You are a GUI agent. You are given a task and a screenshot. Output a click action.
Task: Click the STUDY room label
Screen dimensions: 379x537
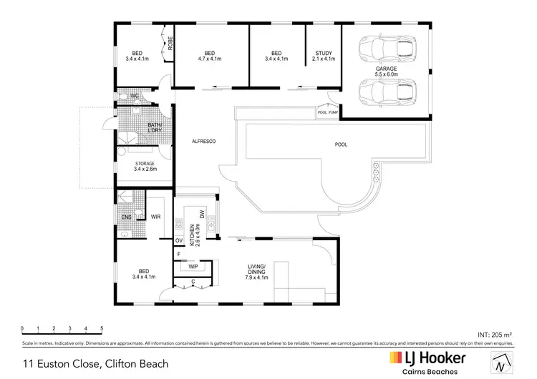point(324,56)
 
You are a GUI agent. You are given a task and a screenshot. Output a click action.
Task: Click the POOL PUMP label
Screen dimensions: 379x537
point(327,112)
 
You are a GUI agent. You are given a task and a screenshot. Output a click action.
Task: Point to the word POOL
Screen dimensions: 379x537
point(341,144)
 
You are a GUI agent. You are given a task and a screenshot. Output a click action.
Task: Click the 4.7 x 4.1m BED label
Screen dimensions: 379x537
point(210,56)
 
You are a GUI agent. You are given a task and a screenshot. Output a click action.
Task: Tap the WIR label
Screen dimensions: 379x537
point(155,217)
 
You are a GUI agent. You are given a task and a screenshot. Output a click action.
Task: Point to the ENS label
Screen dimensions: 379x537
point(125,217)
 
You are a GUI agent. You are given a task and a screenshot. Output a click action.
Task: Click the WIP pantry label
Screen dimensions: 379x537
point(193,266)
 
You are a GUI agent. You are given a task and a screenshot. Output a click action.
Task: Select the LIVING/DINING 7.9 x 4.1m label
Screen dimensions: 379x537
point(256,274)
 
